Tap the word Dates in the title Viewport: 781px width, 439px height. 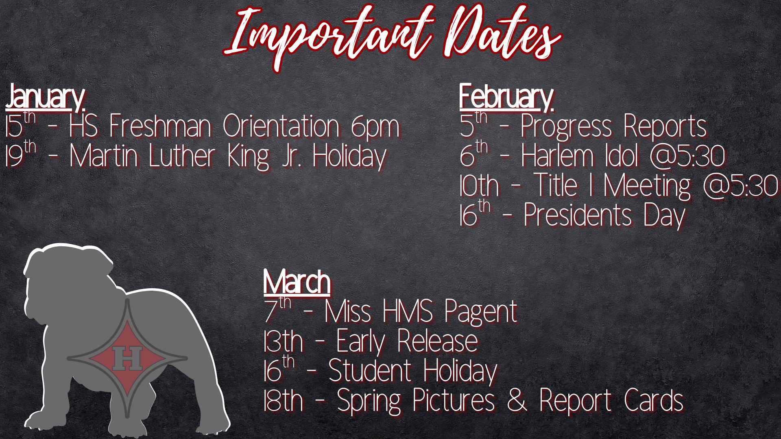click(x=502, y=35)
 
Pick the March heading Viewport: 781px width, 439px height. click(x=297, y=282)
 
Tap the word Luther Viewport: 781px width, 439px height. click(x=181, y=156)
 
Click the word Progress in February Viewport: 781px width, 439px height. click(x=566, y=127)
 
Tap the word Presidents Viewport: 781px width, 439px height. click(x=578, y=215)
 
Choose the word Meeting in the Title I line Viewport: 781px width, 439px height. click(x=647, y=186)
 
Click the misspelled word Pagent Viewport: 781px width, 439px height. click(x=480, y=312)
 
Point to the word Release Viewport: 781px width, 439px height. click(x=437, y=341)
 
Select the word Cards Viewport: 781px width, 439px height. click(x=653, y=400)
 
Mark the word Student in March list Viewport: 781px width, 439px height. click(x=370, y=371)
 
